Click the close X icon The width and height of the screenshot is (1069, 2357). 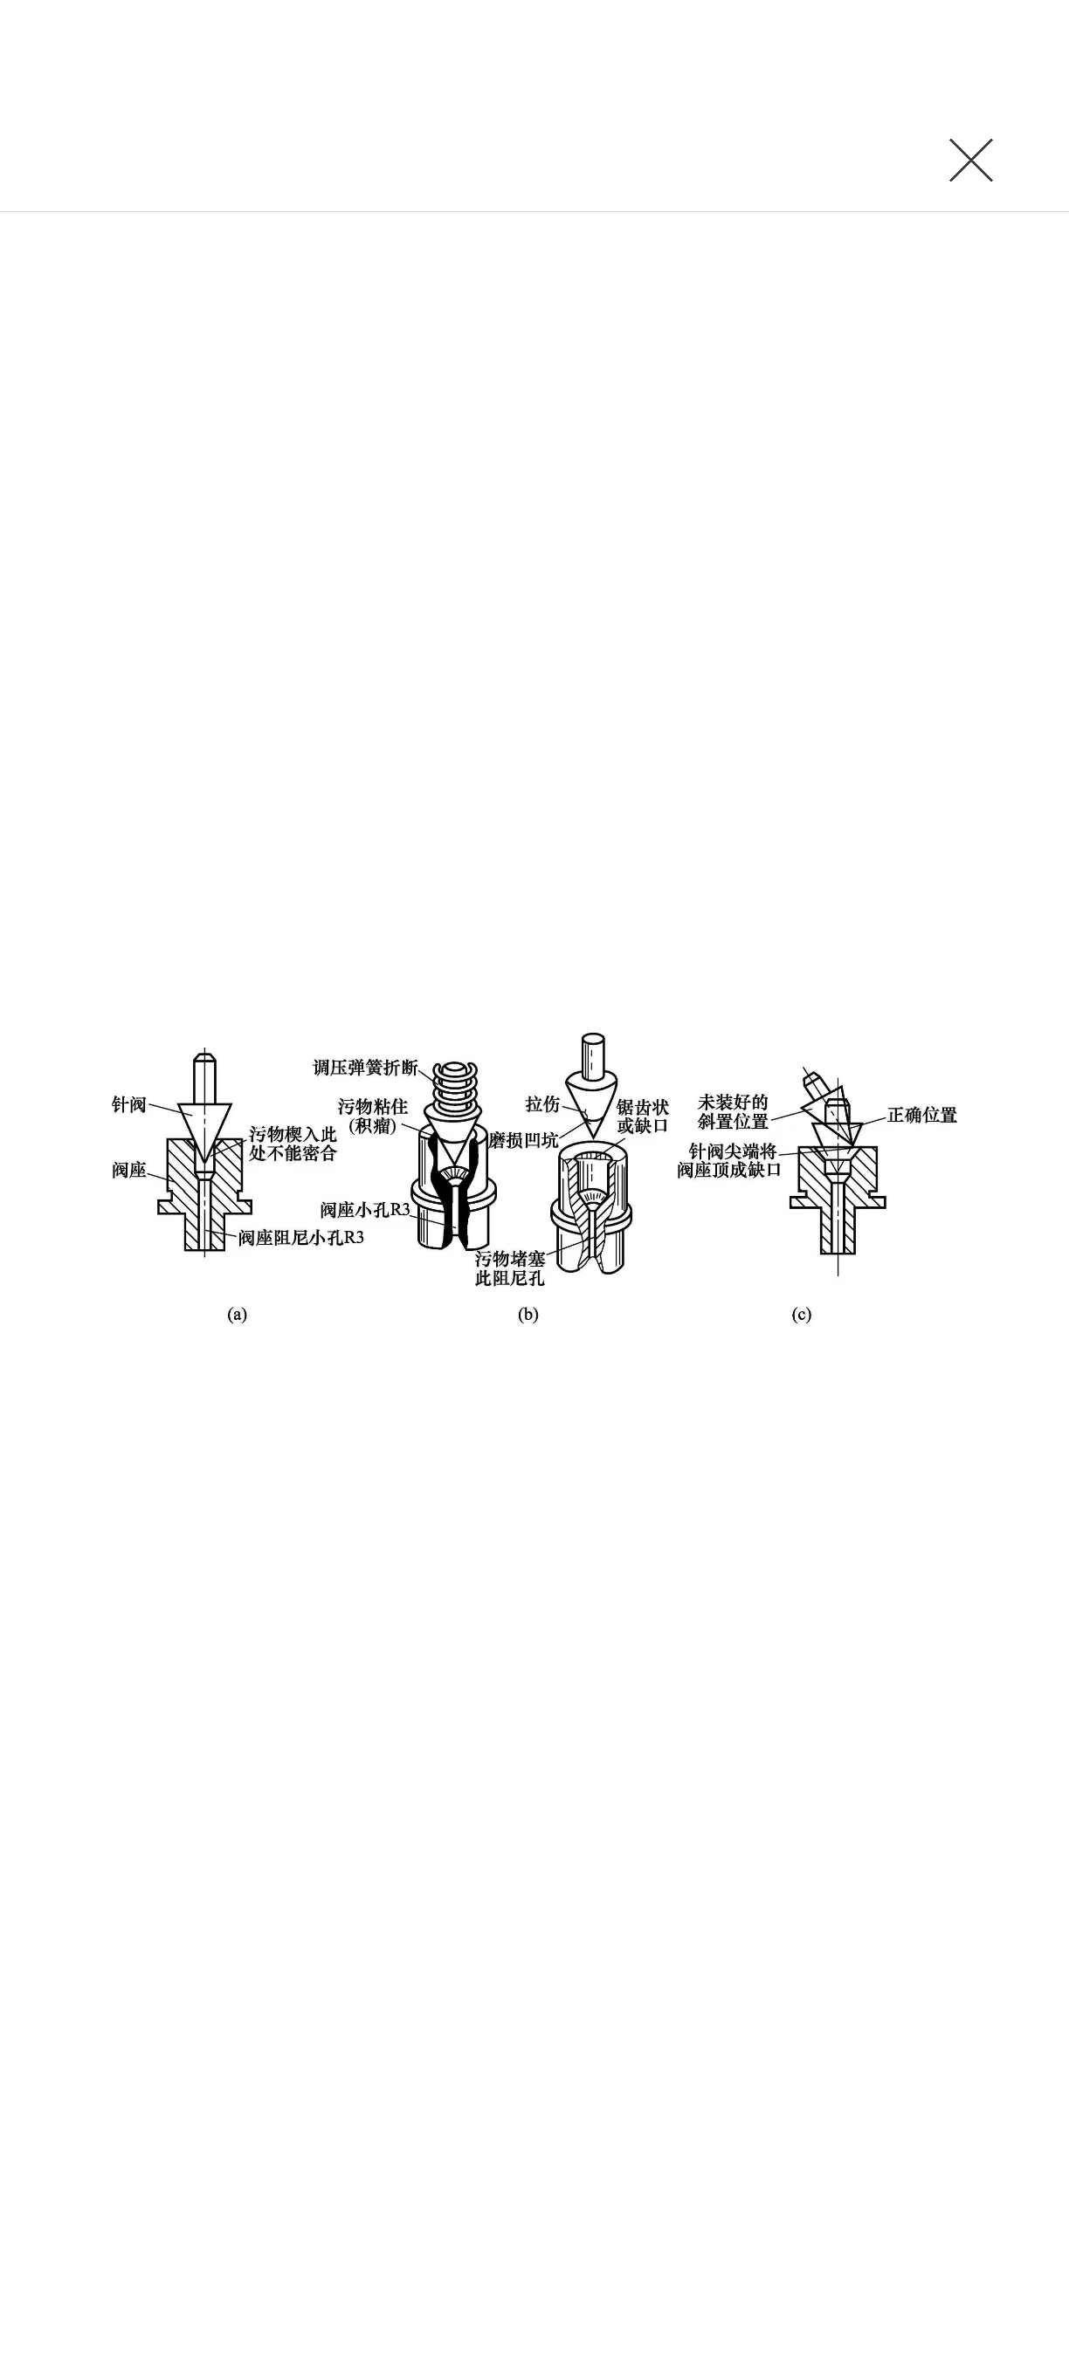(x=971, y=160)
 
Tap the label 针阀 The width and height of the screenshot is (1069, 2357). (x=129, y=1104)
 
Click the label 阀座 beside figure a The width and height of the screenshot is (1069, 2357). (x=129, y=1170)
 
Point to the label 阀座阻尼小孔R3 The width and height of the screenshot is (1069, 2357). (x=301, y=1238)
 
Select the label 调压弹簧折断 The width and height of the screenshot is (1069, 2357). (x=365, y=1067)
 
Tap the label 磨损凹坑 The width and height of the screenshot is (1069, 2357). (x=522, y=1139)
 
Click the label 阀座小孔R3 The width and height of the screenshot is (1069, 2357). (x=365, y=1210)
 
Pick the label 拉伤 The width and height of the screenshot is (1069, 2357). (x=542, y=1104)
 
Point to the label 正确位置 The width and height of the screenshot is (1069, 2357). (x=921, y=1115)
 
